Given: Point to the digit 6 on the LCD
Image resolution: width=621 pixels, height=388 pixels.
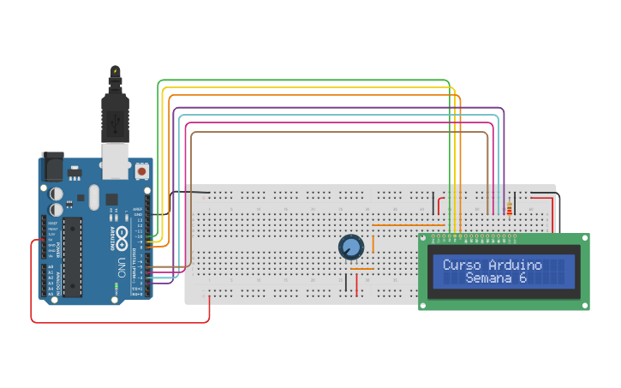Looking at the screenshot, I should (x=522, y=278).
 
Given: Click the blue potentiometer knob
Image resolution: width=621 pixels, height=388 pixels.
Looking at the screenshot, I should (x=351, y=248).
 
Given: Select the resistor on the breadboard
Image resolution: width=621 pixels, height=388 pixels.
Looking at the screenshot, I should (x=511, y=207).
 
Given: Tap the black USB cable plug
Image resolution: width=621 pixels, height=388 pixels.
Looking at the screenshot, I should (x=114, y=116).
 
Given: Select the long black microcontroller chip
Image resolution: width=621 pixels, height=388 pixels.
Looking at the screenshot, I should (x=73, y=257).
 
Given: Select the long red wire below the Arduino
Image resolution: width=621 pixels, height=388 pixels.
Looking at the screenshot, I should (x=120, y=322).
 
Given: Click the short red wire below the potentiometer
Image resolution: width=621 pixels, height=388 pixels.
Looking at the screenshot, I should (x=357, y=284).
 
